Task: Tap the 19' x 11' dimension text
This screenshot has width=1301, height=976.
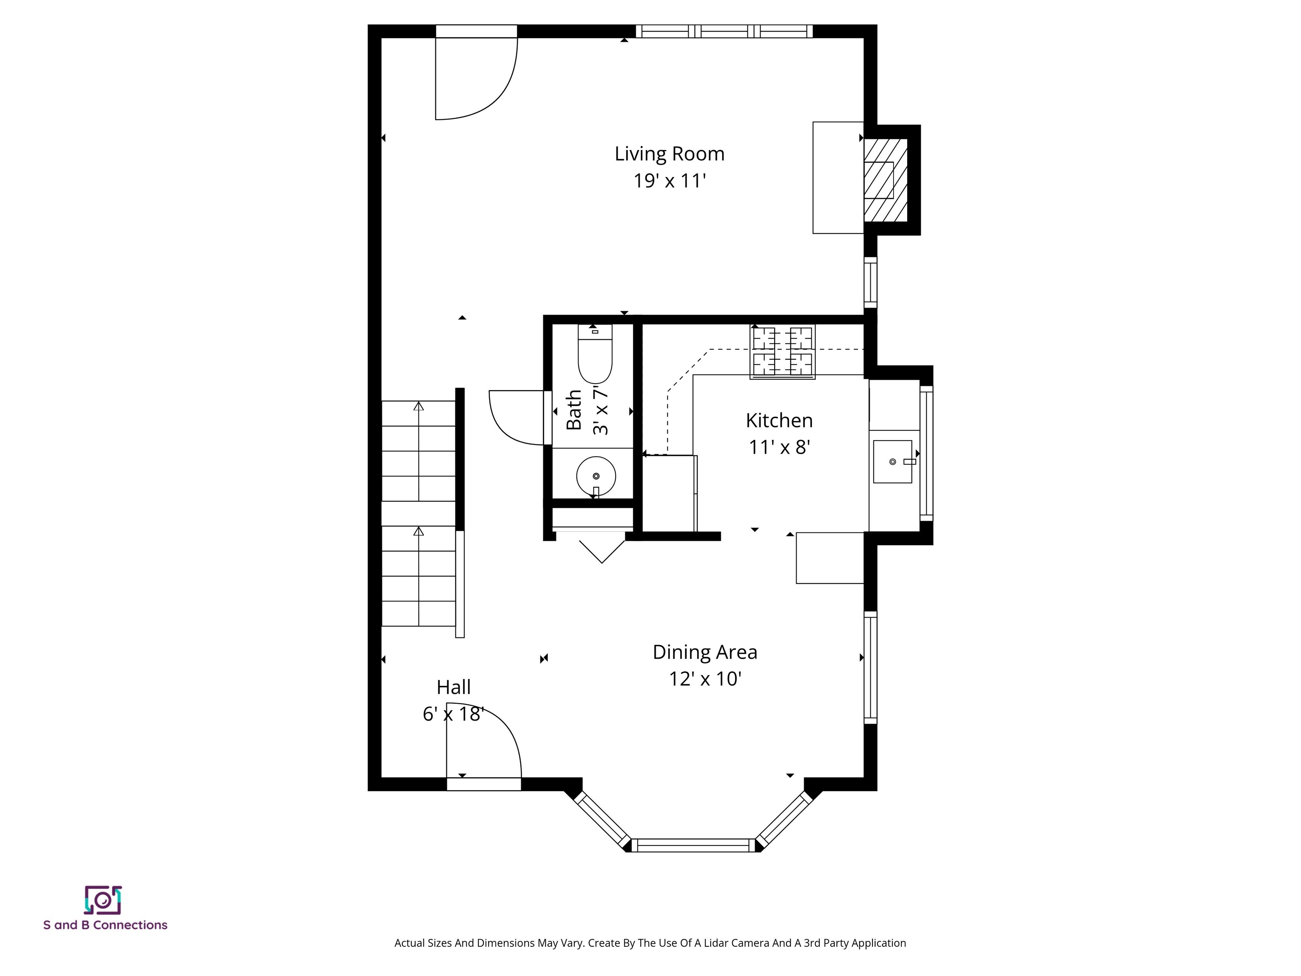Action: click(x=669, y=180)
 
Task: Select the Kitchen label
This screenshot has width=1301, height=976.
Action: click(x=779, y=420)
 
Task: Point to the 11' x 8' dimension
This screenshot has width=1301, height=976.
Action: click(x=779, y=447)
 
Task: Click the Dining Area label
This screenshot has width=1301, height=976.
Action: click(x=705, y=652)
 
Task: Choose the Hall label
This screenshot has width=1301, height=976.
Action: click(x=454, y=687)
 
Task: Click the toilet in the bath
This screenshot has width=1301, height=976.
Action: click(x=595, y=356)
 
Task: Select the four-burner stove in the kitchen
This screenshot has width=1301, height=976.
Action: click(x=782, y=352)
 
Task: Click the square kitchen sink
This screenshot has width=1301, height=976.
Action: click(x=892, y=462)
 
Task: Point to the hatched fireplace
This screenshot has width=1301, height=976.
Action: click(x=885, y=180)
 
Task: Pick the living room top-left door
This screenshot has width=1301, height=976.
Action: click(x=475, y=77)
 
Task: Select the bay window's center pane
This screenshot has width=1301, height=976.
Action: click(x=693, y=846)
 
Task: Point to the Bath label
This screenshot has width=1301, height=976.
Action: click(x=573, y=410)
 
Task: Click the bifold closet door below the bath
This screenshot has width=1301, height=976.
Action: click(x=602, y=550)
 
